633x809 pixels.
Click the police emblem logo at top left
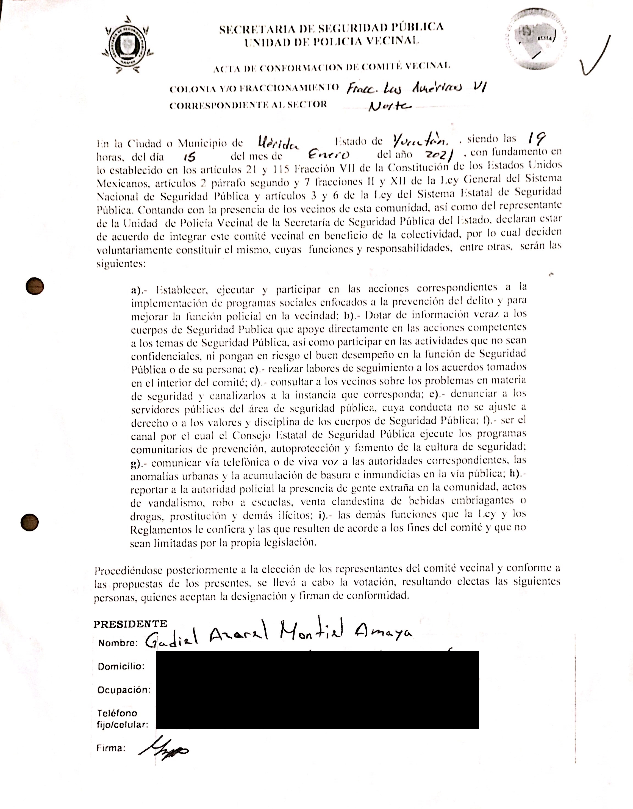127,45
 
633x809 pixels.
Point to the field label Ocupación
124,690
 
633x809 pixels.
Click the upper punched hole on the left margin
35,286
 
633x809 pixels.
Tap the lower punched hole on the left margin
30,523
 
